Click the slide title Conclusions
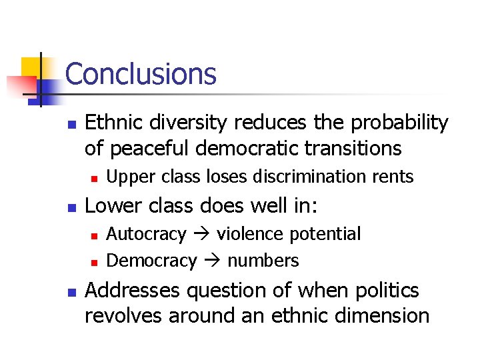[141, 74]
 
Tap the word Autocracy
[146, 234]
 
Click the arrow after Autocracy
[201, 235]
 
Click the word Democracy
[151, 260]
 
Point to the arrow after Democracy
[212, 261]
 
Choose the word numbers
[263, 260]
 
